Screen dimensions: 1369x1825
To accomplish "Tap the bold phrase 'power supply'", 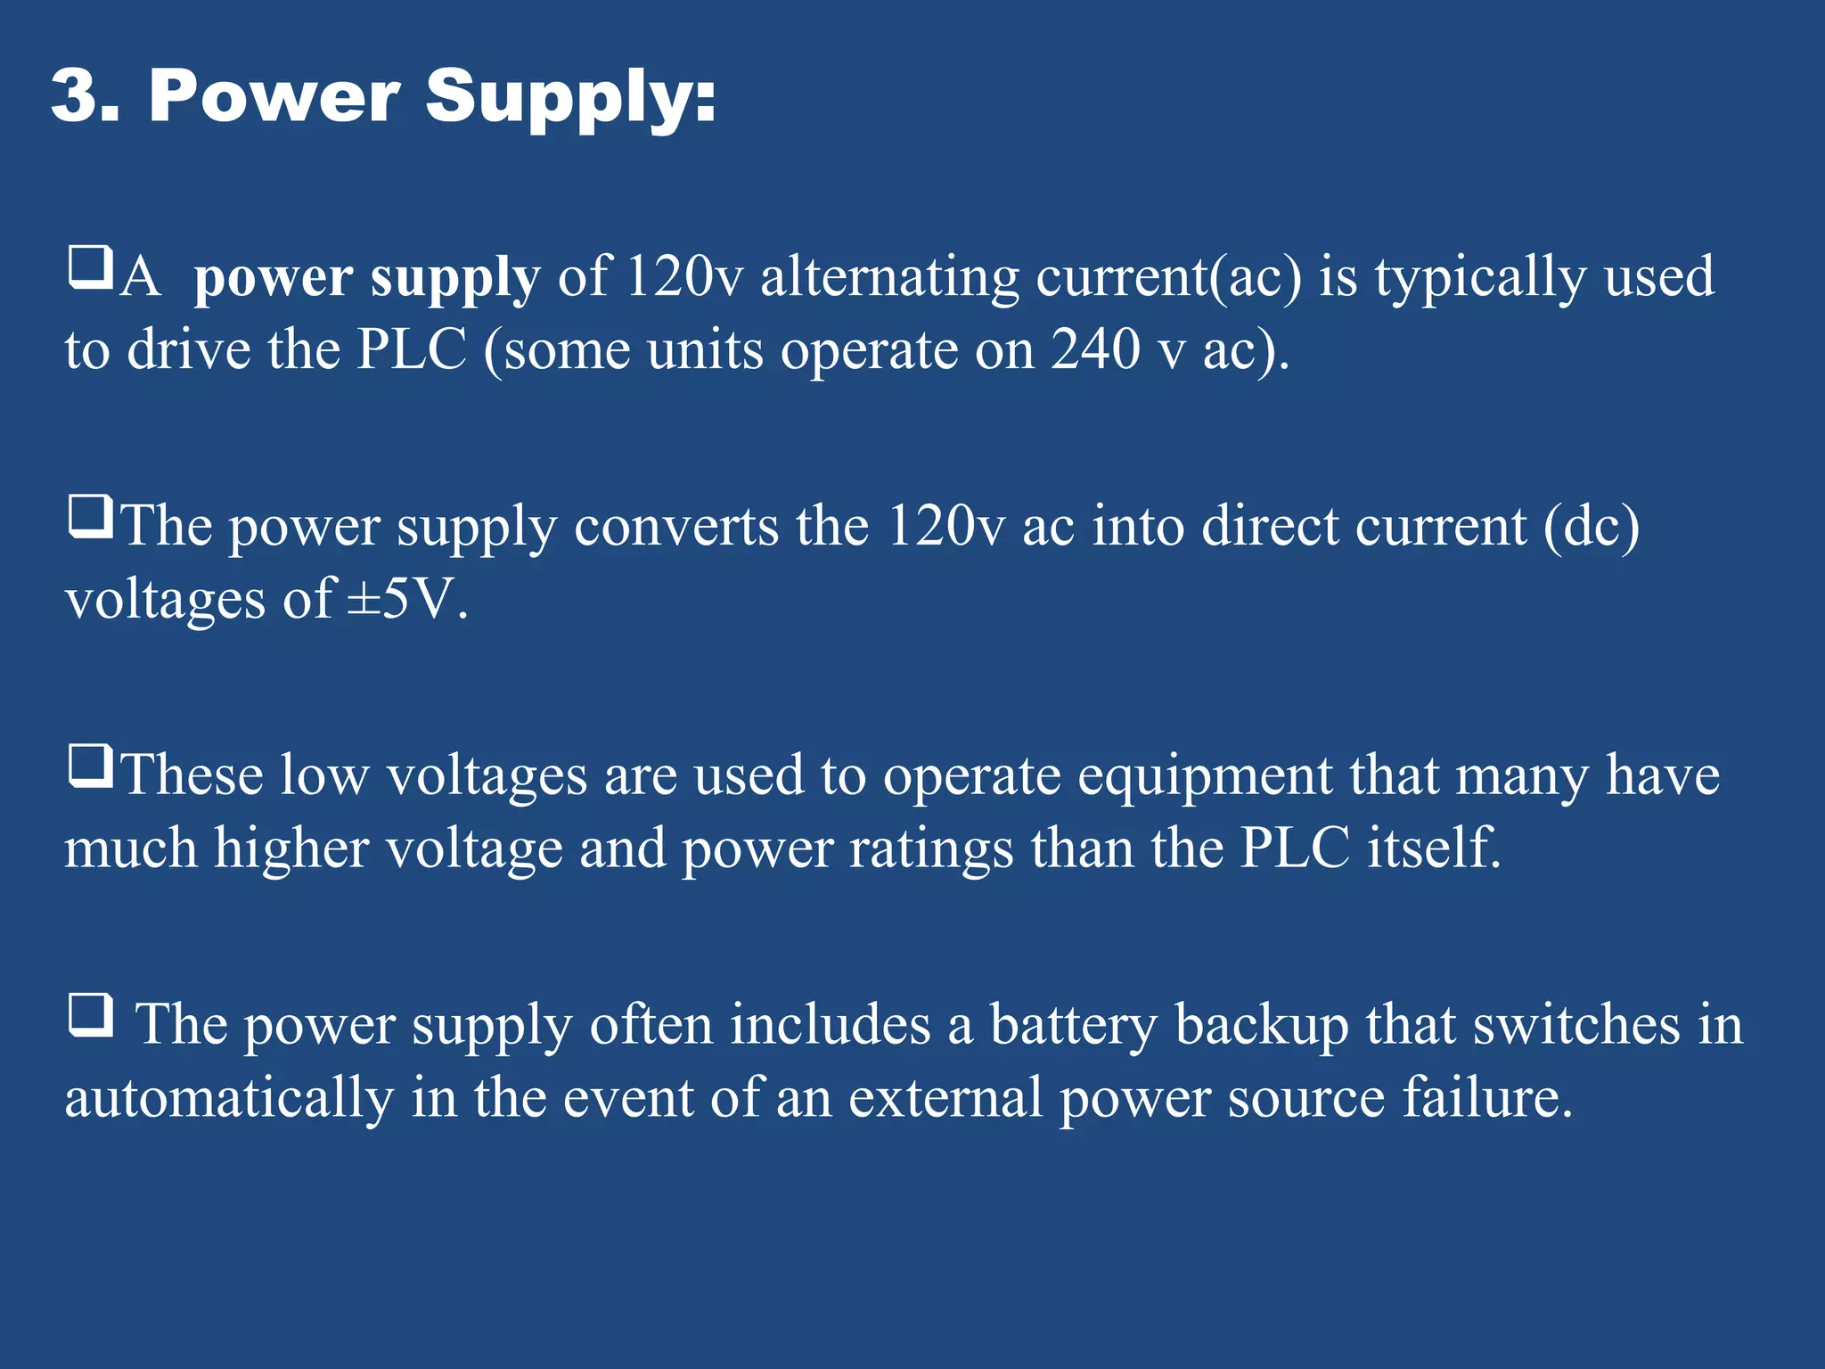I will click(366, 278).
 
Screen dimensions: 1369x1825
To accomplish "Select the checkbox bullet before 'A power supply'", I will click(90, 267).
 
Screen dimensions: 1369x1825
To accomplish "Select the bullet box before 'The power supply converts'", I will click(90, 517).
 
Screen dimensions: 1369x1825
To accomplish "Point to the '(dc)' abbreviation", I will click(1592, 528).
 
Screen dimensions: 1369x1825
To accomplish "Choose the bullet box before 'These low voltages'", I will click(90, 766).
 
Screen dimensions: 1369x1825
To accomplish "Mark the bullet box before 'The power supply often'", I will click(90, 1015).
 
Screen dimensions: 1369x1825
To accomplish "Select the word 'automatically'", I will click(229, 1098).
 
